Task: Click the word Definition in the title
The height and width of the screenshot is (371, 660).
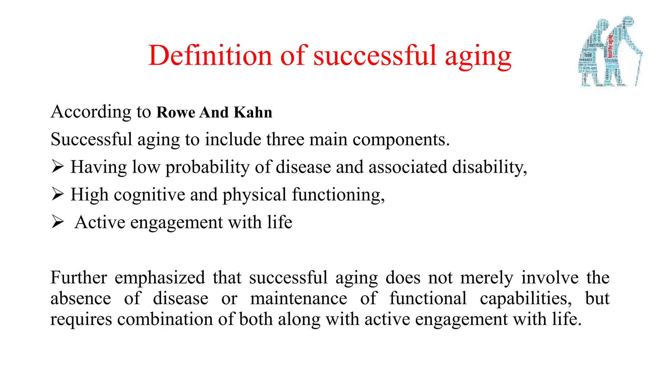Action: coord(210,55)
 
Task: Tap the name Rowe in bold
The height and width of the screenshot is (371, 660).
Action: coord(176,112)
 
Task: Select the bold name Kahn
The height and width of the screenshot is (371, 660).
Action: coord(253,112)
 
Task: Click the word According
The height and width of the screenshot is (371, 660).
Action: coord(91,112)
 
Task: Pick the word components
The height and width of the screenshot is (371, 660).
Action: coord(401,140)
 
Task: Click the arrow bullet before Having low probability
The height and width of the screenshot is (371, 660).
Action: coord(57,167)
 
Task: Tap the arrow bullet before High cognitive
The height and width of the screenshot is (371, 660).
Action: coord(57,194)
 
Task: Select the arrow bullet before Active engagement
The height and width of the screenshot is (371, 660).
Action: coord(57,222)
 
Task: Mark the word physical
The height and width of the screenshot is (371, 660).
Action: coord(254,195)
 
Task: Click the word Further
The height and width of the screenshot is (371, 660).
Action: coord(79,278)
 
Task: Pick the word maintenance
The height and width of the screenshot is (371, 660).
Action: coord(299,298)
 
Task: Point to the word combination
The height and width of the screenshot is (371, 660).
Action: coord(165,319)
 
